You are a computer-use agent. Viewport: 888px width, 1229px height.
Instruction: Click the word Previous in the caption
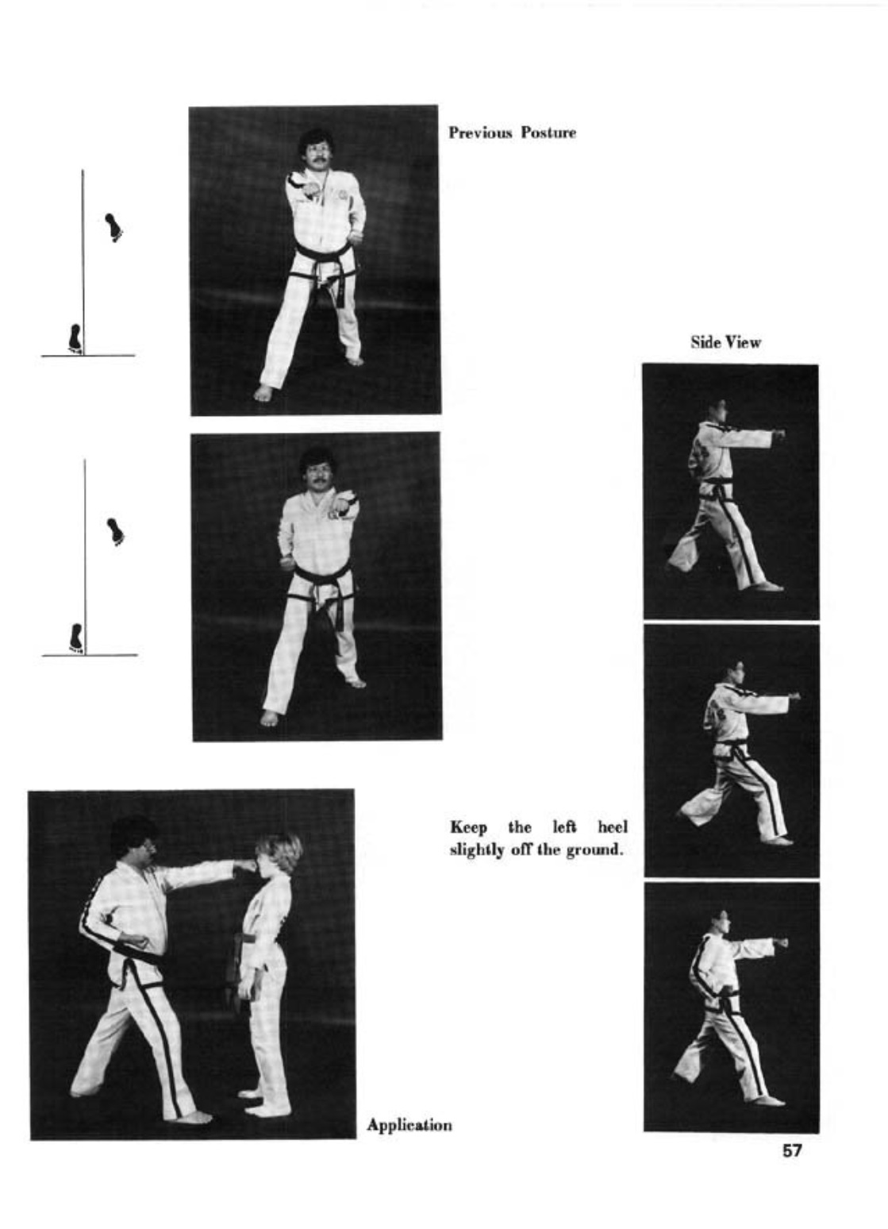tap(480, 133)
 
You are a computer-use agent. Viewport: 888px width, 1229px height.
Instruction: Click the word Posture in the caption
tap(548, 133)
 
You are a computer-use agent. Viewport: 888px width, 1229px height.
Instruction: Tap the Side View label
tap(725, 342)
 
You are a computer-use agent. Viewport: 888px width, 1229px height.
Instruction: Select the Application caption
tap(409, 1126)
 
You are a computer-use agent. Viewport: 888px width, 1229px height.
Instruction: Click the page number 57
tap(791, 1150)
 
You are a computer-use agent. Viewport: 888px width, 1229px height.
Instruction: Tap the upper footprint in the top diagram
tap(113, 227)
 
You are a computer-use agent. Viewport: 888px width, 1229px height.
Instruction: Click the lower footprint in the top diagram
tap(75, 338)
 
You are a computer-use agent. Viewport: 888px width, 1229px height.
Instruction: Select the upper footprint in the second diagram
tap(116, 532)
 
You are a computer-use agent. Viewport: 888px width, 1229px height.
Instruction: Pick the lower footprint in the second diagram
tap(76, 638)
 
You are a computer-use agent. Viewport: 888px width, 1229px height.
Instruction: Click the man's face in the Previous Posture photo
tap(316, 154)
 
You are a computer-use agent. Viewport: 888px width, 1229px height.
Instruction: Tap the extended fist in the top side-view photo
tap(778, 433)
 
